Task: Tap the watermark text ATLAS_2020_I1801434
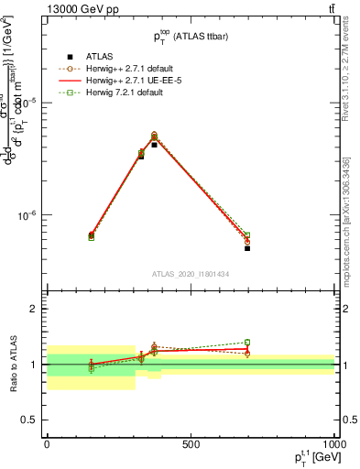point(190,274)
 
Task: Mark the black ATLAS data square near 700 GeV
point(247,248)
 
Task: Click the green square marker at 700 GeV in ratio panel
point(247,343)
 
